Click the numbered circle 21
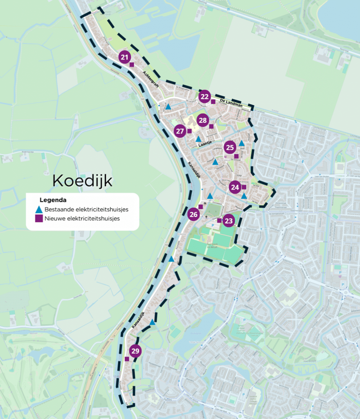(125, 57)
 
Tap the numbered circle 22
(205, 97)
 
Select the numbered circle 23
(229, 221)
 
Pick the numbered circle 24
(235, 187)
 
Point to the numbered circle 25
(230, 147)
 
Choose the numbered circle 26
(194, 214)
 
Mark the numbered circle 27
(180, 131)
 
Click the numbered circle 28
(203, 120)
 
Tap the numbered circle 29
(135, 351)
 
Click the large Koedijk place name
(82, 180)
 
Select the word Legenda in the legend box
(53, 200)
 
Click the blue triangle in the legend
(39, 209)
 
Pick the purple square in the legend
(39, 219)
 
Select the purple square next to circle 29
(127, 359)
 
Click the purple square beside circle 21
(132, 65)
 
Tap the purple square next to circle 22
(213, 101)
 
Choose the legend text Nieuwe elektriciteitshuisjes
(82, 219)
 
